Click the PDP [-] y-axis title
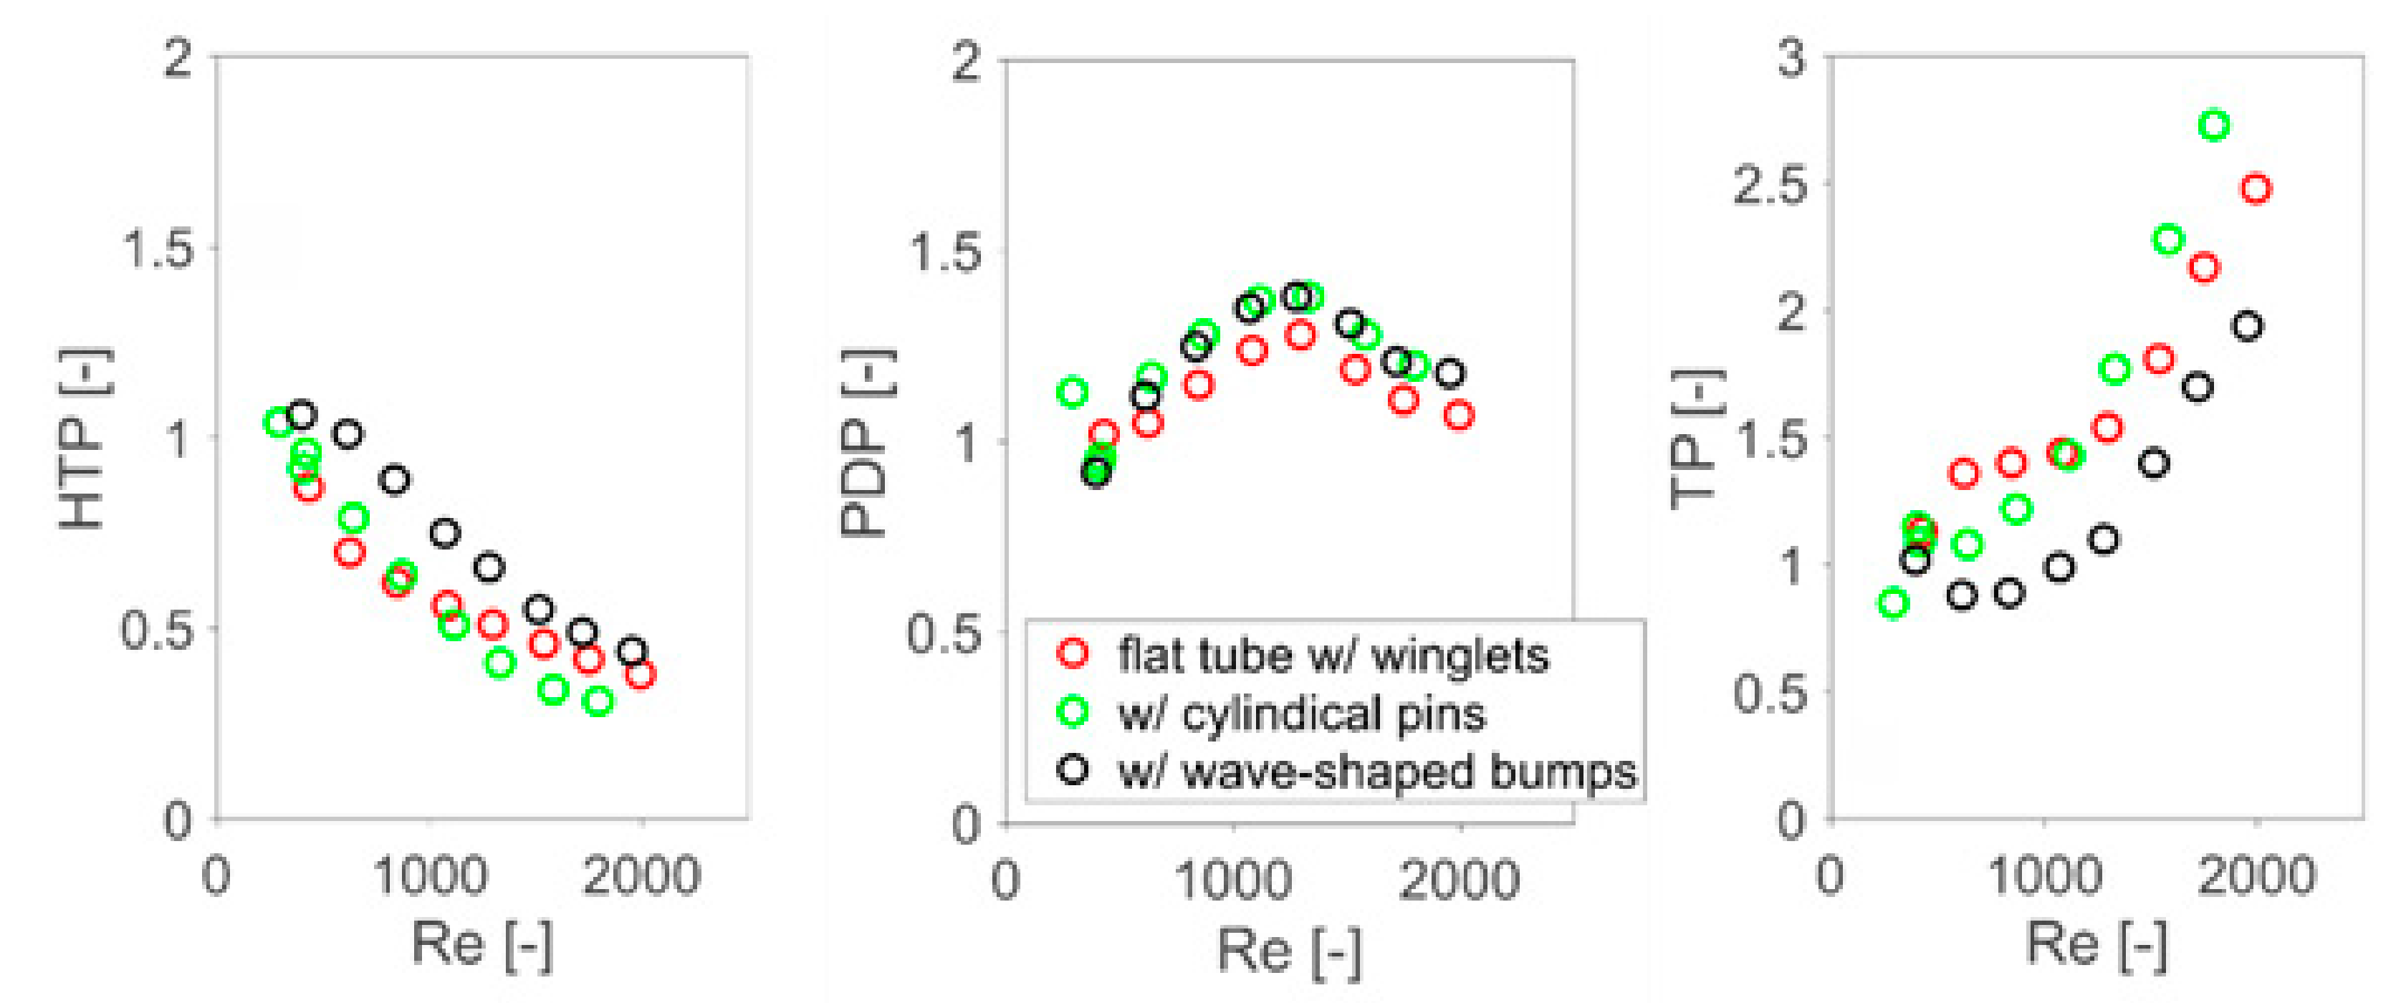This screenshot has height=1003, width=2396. (x=865, y=443)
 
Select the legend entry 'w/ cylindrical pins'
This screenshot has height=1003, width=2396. (x=1300, y=714)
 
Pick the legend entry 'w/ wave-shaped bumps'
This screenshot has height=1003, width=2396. (x=1376, y=772)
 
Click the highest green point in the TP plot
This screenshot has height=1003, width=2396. (x=2215, y=125)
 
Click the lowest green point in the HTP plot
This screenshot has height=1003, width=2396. (x=599, y=701)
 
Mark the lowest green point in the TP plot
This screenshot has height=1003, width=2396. (x=1894, y=603)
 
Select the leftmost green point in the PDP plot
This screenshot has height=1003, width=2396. (x=1073, y=393)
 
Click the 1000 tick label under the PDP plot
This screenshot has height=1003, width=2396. (x=1233, y=878)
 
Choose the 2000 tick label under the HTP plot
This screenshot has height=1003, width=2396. (x=641, y=875)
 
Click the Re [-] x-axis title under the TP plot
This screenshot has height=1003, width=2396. (x=2096, y=944)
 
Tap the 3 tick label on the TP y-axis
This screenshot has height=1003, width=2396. (x=1791, y=58)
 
